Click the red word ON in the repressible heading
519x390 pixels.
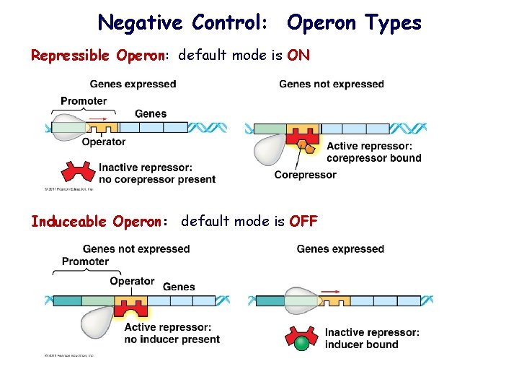coord(298,56)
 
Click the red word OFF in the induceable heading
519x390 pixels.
coord(303,221)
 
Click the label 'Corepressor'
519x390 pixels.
coord(305,175)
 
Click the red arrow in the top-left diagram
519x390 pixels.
coord(102,117)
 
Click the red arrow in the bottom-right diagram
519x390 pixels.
coord(330,292)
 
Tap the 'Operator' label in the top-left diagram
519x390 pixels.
coord(103,142)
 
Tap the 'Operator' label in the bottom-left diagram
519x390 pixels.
coord(132,281)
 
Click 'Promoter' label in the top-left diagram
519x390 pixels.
coord(84,101)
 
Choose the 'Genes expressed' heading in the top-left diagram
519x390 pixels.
coord(133,84)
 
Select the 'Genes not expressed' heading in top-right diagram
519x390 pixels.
coord(332,84)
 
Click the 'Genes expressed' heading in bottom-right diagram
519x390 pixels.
coord(340,249)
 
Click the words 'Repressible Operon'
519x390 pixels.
coord(99,56)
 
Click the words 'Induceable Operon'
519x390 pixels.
coord(98,221)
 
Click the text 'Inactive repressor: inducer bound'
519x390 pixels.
coord(371,338)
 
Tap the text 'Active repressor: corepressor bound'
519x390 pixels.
coord(373,152)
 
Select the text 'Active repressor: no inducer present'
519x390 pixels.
coord(172,333)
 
